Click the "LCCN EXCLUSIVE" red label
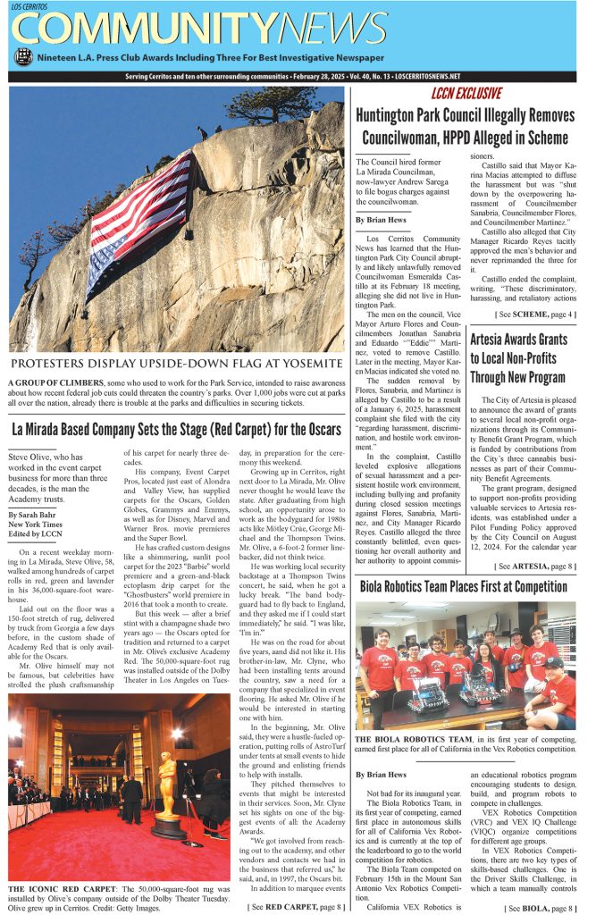466,93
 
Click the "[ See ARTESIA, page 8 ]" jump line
534,541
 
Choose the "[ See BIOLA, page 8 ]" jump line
540,908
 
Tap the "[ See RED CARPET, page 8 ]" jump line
295,908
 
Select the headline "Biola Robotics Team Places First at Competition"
463,587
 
